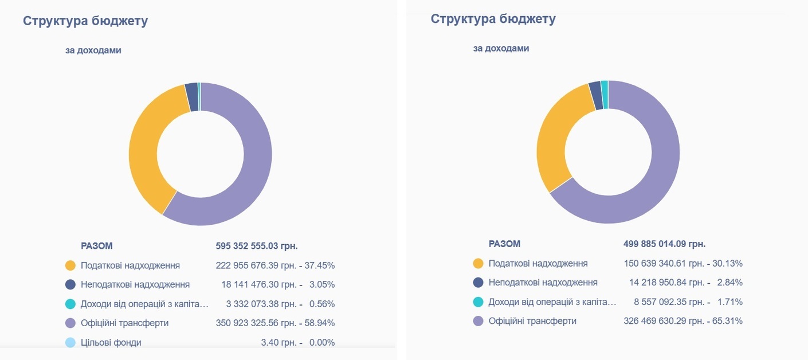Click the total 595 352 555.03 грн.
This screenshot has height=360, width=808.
(x=257, y=246)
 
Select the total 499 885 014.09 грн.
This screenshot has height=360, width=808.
(x=664, y=244)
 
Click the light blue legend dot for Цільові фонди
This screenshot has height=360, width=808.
(x=70, y=342)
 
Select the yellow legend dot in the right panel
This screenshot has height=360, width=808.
(x=478, y=264)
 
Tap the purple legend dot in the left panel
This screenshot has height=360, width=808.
(x=70, y=323)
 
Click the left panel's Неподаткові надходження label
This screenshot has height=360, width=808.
(x=135, y=284)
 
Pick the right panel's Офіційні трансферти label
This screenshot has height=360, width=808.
(x=532, y=321)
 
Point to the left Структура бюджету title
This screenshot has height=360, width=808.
(x=85, y=21)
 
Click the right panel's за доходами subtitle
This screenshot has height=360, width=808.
(x=501, y=49)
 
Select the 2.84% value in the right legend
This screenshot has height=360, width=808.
(x=729, y=283)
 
